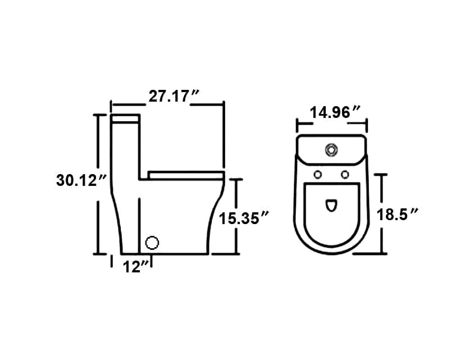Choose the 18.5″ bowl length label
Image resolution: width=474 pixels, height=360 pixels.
(x=399, y=214)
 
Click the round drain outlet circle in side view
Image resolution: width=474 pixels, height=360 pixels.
(x=152, y=243)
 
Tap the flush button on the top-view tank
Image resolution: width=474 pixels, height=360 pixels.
(x=332, y=149)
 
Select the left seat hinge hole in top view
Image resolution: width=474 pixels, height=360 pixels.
(x=318, y=174)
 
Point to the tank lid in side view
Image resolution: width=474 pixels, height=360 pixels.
(x=126, y=119)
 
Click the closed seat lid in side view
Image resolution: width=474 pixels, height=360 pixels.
(x=185, y=174)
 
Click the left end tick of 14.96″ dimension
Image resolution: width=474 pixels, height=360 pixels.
(x=297, y=125)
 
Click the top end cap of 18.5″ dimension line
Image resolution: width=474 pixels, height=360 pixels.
(x=383, y=175)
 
